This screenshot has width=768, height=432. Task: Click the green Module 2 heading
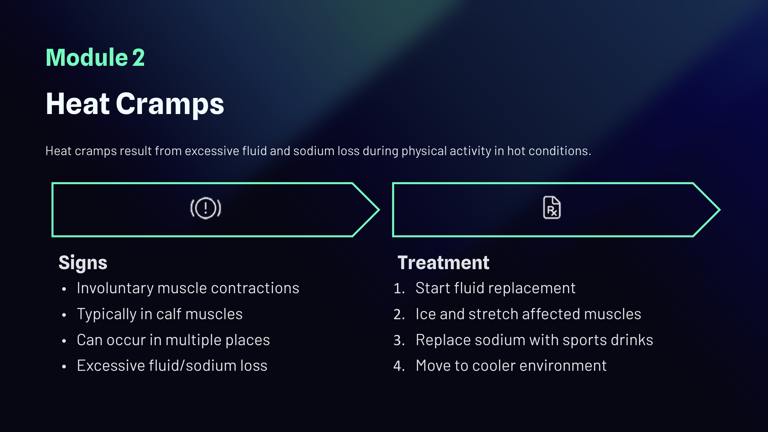(x=95, y=57)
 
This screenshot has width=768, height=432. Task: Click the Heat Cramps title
(x=135, y=104)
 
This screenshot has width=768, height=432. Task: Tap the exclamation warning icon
(x=206, y=208)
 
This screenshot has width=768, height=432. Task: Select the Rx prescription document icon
(x=552, y=208)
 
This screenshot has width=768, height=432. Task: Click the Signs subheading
(x=83, y=263)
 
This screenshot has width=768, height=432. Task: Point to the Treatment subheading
(x=443, y=263)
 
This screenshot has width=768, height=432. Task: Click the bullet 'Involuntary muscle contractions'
(x=188, y=288)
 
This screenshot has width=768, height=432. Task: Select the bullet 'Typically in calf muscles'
(x=160, y=314)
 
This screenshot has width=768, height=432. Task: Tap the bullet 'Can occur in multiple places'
(x=173, y=340)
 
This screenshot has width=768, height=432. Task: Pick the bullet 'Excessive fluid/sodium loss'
(x=172, y=366)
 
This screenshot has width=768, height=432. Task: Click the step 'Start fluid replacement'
(x=495, y=288)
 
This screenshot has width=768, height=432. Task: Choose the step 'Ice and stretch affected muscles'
(x=528, y=314)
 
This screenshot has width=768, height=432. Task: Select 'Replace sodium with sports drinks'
(x=534, y=340)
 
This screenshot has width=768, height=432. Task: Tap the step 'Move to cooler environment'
(x=511, y=366)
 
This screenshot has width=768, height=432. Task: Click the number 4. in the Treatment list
(x=399, y=366)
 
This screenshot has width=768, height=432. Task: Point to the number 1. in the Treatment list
(x=399, y=288)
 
